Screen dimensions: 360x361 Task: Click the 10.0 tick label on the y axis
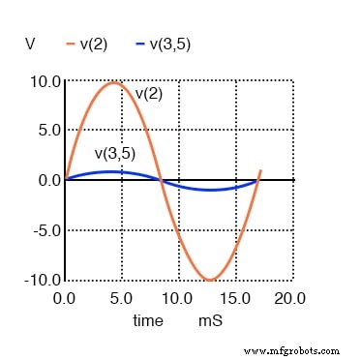click(46, 80)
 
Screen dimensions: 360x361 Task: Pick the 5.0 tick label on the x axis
click(120, 298)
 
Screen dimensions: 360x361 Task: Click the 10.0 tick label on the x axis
click(176, 298)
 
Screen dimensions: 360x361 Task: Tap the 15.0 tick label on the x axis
click(233, 298)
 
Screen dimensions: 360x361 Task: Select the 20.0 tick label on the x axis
click(289, 298)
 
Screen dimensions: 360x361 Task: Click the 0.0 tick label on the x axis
click(64, 298)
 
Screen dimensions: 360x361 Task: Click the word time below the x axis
click(149, 317)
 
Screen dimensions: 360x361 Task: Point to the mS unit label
click(210, 317)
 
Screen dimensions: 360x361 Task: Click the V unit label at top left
click(31, 44)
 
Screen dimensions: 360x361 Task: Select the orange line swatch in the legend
click(71, 45)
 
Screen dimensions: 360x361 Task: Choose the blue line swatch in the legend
click(141, 45)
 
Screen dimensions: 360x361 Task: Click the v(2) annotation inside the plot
click(148, 93)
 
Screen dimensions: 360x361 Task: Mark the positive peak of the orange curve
click(114, 82)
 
